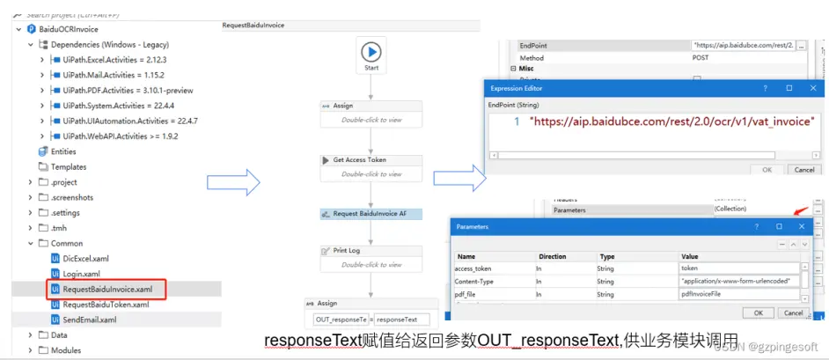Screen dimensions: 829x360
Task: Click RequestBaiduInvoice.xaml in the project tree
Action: [106, 288]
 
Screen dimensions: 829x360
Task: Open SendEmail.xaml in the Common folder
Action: [89, 320]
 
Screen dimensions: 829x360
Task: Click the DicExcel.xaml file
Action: [85, 258]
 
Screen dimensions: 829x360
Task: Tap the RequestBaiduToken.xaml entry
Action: [106, 304]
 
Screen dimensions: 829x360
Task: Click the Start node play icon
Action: [371, 51]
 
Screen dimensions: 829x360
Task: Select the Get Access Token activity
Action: [371, 160]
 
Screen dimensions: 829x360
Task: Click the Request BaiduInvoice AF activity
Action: [371, 214]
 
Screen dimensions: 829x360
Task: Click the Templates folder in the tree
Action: [69, 166]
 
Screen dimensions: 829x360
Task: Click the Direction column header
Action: [552, 256]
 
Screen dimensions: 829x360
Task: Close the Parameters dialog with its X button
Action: [802, 227]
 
